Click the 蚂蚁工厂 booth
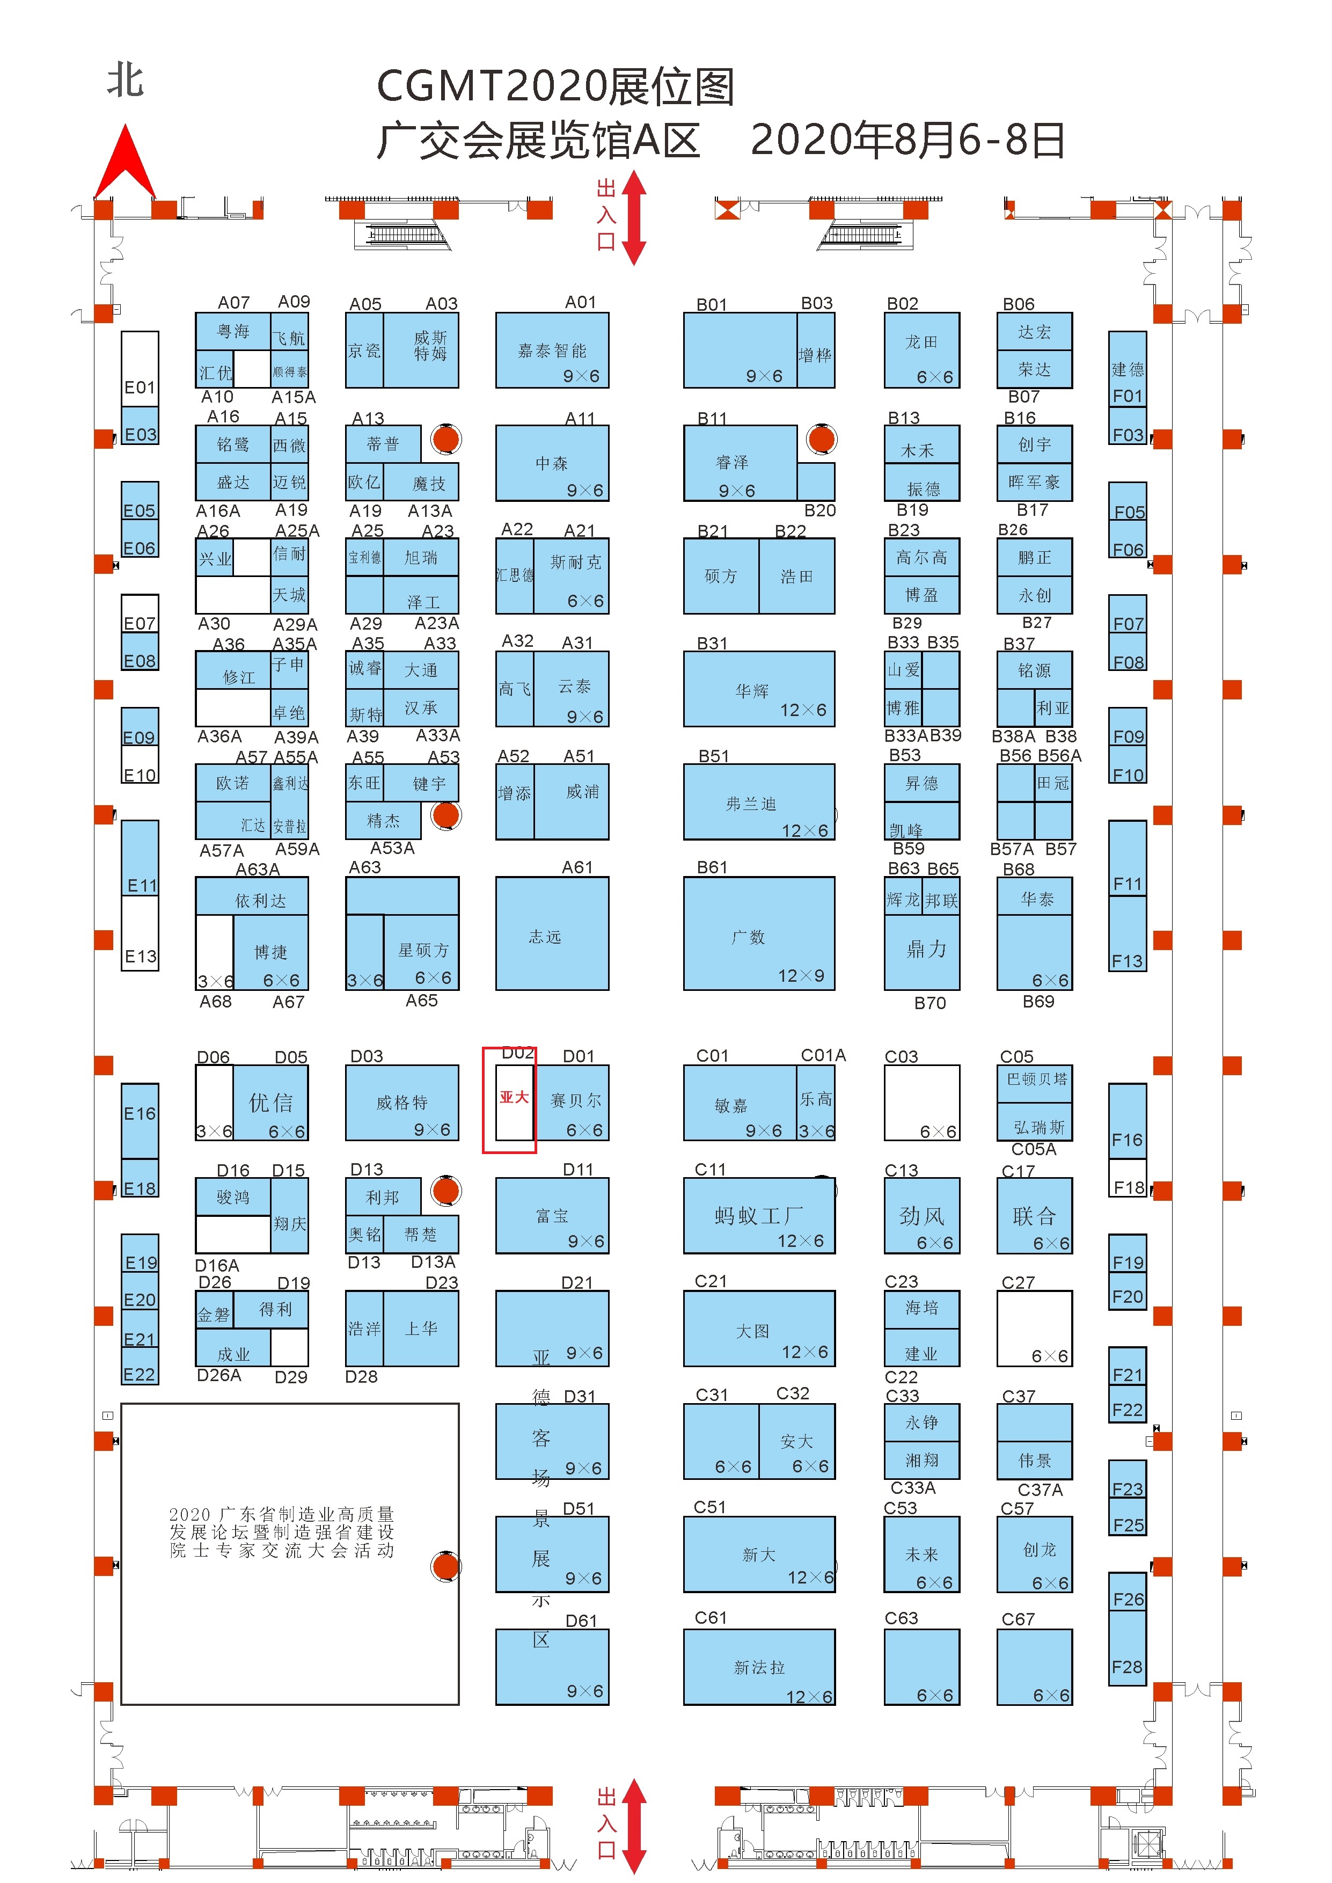[x=759, y=1216]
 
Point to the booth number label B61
[x=712, y=867]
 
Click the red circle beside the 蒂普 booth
[x=445, y=440]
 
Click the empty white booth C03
[x=921, y=1101]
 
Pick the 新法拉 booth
[x=759, y=1667]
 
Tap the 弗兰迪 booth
[x=759, y=803]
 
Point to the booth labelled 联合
[x=1034, y=1216]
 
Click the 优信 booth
[x=270, y=1102]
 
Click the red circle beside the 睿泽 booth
[x=821, y=440]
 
